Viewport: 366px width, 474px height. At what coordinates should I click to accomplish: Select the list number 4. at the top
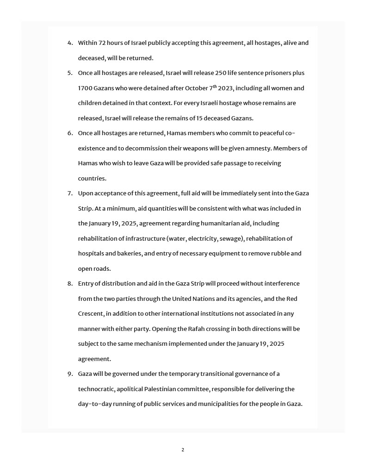[x=70, y=43]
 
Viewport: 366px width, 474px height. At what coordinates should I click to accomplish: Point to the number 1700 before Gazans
[x=86, y=88]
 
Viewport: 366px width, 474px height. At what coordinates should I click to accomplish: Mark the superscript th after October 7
[x=215, y=86]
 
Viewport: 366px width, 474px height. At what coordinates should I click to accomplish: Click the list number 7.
[x=70, y=193]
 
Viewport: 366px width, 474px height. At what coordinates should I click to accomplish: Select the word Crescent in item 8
[x=91, y=314]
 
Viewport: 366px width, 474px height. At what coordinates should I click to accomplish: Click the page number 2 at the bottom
[x=183, y=450]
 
